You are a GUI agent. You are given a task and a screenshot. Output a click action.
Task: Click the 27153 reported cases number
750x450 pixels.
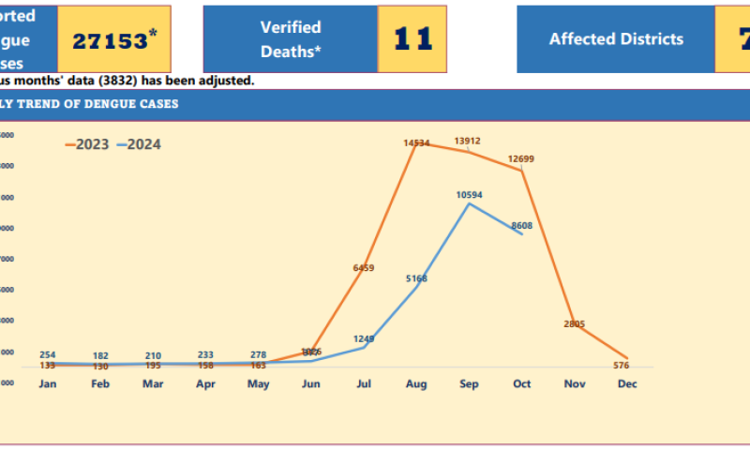[x=110, y=40]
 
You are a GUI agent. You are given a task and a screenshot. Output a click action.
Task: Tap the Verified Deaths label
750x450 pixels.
[x=291, y=39]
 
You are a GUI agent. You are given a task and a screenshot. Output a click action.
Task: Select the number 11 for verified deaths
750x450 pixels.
[x=412, y=39]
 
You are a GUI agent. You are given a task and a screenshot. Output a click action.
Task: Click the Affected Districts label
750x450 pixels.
[x=616, y=39]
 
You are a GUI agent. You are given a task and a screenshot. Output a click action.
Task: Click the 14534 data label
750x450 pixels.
[x=416, y=143]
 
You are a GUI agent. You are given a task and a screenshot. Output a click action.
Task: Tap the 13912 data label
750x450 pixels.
[x=468, y=142]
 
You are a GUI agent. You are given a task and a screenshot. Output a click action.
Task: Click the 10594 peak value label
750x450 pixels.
[x=469, y=195]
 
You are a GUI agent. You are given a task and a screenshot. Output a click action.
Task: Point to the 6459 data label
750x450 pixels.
[x=364, y=268]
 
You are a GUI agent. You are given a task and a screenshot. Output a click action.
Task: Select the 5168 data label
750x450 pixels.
[x=415, y=278]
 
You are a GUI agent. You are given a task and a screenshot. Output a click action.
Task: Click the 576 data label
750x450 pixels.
[x=620, y=366]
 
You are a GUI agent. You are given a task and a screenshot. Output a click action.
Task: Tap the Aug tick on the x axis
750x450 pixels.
[x=416, y=384]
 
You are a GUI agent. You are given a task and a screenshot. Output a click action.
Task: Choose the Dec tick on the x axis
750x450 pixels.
[x=626, y=384]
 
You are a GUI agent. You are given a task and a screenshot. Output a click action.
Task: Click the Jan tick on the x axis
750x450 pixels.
[x=48, y=384]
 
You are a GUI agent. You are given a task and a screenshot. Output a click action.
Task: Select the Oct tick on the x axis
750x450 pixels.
[x=521, y=384]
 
